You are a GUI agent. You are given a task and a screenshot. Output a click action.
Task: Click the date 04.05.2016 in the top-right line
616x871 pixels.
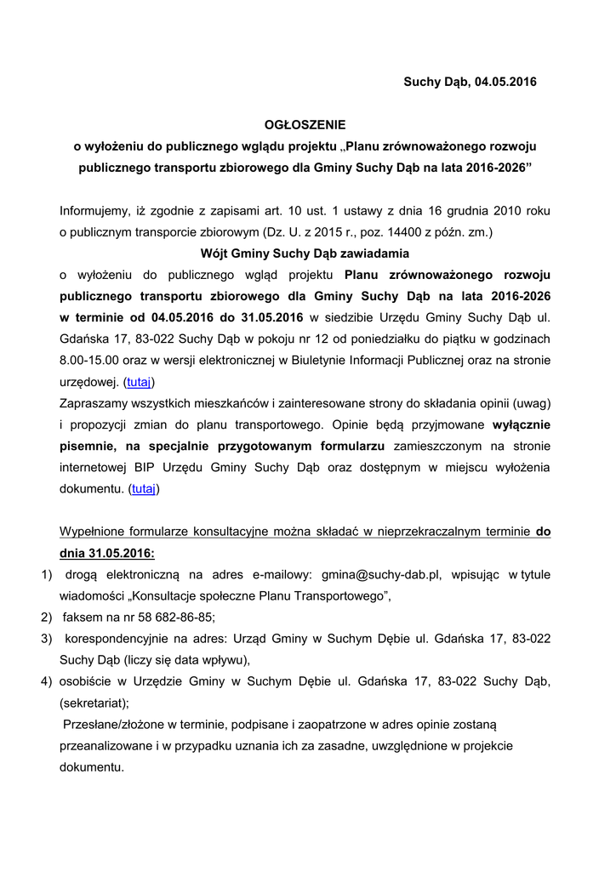click(x=507, y=82)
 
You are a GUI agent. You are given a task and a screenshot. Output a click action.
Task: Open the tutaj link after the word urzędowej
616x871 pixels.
click(x=140, y=382)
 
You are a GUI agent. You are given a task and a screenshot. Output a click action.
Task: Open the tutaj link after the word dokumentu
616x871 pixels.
click(x=143, y=489)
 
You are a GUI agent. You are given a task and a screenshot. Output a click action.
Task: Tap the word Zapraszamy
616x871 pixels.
click(x=94, y=403)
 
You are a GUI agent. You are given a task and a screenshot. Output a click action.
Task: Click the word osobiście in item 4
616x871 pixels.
click(x=83, y=681)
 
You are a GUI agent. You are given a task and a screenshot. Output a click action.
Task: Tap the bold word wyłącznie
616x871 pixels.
click(x=518, y=424)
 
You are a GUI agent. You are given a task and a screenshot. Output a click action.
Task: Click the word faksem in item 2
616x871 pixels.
click(x=83, y=618)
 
